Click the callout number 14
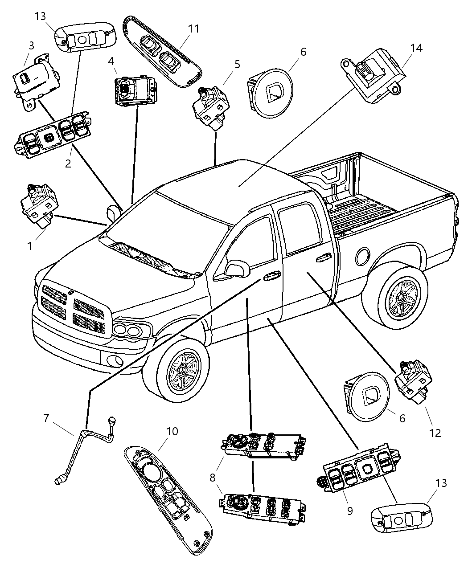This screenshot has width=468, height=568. coord(416,48)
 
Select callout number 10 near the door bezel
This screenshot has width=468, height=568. coord(172,432)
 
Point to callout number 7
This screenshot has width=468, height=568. coord(46,418)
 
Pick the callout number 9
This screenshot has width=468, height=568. coord(349,511)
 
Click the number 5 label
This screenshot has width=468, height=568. coord(237,64)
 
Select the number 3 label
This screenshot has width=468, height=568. coord(31,45)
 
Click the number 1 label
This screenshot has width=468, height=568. coord(29,245)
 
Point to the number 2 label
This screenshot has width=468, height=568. coord(68,163)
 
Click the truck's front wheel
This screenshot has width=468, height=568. coord(182,370)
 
